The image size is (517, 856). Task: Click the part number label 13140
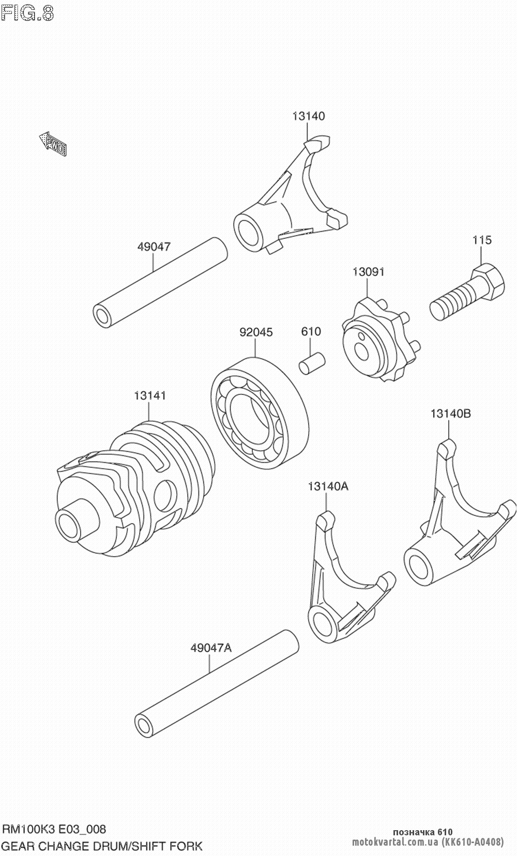point(309,116)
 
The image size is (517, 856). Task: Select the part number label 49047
point(154,247)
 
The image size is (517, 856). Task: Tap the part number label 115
point(481,240)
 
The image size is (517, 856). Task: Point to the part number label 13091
point(369,271)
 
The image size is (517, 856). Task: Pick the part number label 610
point(311,331)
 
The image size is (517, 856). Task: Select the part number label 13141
point(150,396)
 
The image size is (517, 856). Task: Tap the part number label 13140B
point(450,414)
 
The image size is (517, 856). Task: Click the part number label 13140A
point(328,486)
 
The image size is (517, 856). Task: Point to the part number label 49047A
point(211,648)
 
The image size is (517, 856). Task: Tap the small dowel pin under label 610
point(312,362)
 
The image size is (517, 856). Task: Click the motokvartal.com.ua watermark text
point(395,842)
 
